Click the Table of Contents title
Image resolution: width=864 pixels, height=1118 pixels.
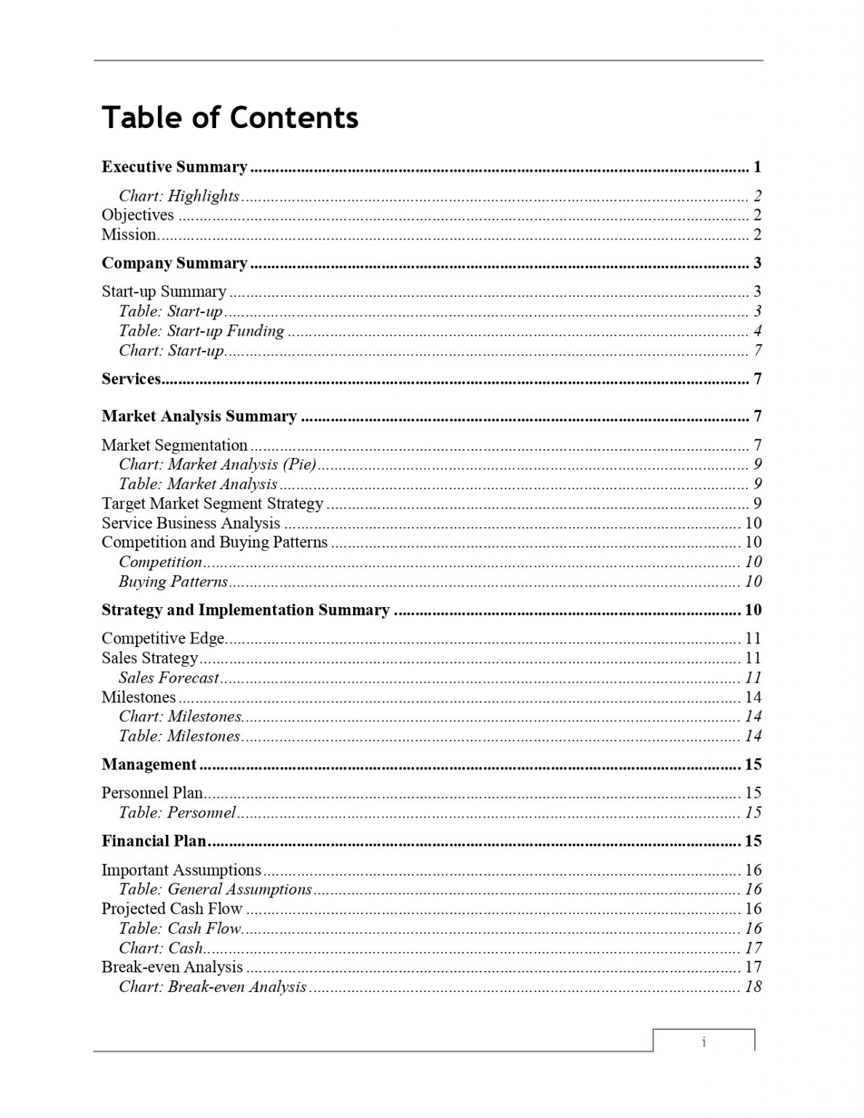[x=230, y=118]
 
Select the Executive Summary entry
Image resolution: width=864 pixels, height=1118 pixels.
[x=175, y=167]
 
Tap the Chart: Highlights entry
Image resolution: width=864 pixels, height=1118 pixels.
[x=179, y=196]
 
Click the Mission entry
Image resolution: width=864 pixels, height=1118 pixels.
[x=129, y=234]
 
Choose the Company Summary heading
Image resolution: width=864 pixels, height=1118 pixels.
[x=175, y=263]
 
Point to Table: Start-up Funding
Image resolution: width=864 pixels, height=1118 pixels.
[x=202, y=331]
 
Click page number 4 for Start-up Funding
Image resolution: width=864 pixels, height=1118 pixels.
[x=757, y=331]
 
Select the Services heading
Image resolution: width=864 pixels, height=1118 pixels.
[x=131, y=378]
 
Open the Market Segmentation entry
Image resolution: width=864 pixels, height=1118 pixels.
[x=175, y=445]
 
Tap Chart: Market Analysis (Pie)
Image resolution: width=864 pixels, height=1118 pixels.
[x=218, y=464]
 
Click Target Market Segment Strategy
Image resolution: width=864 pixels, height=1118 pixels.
[x=213, y=504]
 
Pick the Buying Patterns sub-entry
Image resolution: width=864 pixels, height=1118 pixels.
[x=173, y=582]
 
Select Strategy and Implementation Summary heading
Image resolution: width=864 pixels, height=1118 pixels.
[x=246, y=610]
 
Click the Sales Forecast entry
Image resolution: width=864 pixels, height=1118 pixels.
[x=169, y=678]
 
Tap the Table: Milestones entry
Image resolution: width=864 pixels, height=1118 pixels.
[x=179, y=736]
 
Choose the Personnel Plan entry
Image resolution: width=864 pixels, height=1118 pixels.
[x=152, y=793]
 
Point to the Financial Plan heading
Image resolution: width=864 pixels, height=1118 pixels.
[x=154, y=841]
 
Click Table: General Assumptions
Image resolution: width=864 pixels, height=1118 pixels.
[x=215, y=889]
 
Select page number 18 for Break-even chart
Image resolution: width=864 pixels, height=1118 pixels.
[x=753, y=987]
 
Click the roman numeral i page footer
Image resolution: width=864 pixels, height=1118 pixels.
[x=704, y=1042]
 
